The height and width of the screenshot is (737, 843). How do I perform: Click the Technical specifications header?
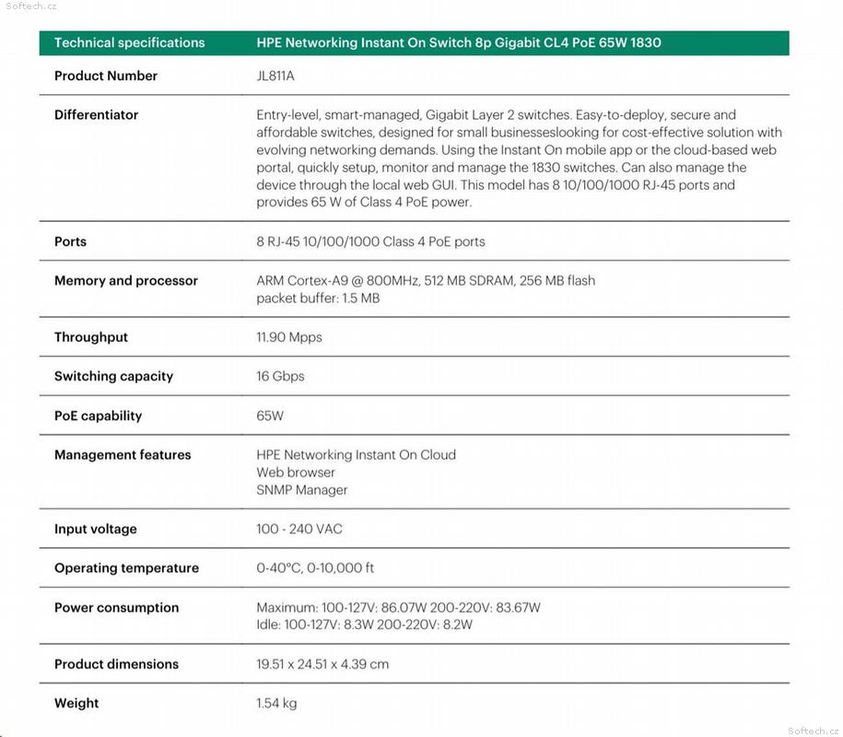(129, 42)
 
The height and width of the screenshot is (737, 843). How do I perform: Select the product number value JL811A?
(275, 76)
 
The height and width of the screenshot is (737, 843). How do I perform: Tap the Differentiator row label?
(96, 115)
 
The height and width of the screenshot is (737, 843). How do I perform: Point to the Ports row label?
(70, 241)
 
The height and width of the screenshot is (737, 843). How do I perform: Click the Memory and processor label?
(125, 281)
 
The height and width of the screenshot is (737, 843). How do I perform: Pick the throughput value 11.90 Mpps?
(289, 337)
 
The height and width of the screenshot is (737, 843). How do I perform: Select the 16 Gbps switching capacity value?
(280, 376)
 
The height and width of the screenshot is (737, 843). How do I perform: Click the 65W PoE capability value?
(270, 415)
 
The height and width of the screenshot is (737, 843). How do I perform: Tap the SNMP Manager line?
(301, 490)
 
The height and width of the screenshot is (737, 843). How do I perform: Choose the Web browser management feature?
(296, 473)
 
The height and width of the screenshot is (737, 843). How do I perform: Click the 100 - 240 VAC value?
(299, 529)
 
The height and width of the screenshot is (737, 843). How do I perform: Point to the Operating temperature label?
(126, 568)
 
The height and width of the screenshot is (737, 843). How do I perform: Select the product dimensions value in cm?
(322, 664)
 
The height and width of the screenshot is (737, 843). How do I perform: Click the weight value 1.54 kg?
(276, 703)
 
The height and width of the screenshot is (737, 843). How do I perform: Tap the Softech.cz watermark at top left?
(30, 6)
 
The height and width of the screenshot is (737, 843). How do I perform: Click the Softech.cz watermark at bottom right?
(814, 730)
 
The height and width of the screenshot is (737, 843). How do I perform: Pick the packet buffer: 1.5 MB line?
(318, 298)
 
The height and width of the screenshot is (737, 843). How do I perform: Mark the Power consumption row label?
(116, 608)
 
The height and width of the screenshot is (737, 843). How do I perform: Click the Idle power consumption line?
(364, 625)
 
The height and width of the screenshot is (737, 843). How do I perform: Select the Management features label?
(123, 455)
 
